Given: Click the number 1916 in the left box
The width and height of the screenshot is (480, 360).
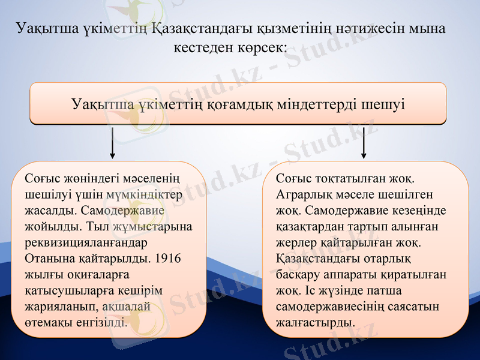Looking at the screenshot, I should pyautogui.click(x=167, y=259).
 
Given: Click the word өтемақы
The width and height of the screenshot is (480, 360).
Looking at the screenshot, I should pyautogui.click(x=49, y=322).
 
